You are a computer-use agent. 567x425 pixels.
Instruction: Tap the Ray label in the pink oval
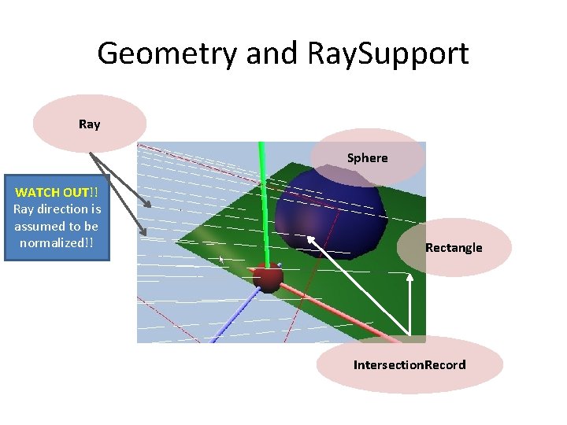click(90, 124)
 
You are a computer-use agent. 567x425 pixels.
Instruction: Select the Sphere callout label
click(368, 158)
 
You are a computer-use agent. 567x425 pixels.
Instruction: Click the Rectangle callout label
click(454, 248)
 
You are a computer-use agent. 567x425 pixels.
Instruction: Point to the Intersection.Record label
click(409, 365)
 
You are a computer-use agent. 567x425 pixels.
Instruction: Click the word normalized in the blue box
click(53, 242)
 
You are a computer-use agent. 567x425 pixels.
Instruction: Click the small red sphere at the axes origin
click(268, 279)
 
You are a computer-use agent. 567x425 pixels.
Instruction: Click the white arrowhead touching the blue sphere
click(312, 239)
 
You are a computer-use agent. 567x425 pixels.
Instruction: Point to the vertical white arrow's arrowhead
click(409, 277)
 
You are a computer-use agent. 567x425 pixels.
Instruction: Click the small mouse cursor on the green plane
click(222, 258)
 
